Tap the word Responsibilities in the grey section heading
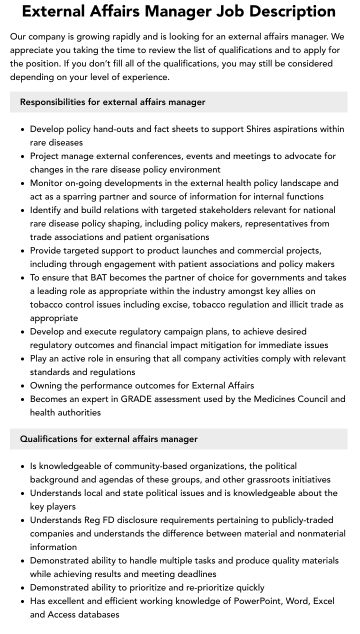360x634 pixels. (x=52, y=102)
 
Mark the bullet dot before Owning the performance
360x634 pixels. (x=23, y=386)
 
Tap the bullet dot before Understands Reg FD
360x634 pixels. (x=23, y=520)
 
